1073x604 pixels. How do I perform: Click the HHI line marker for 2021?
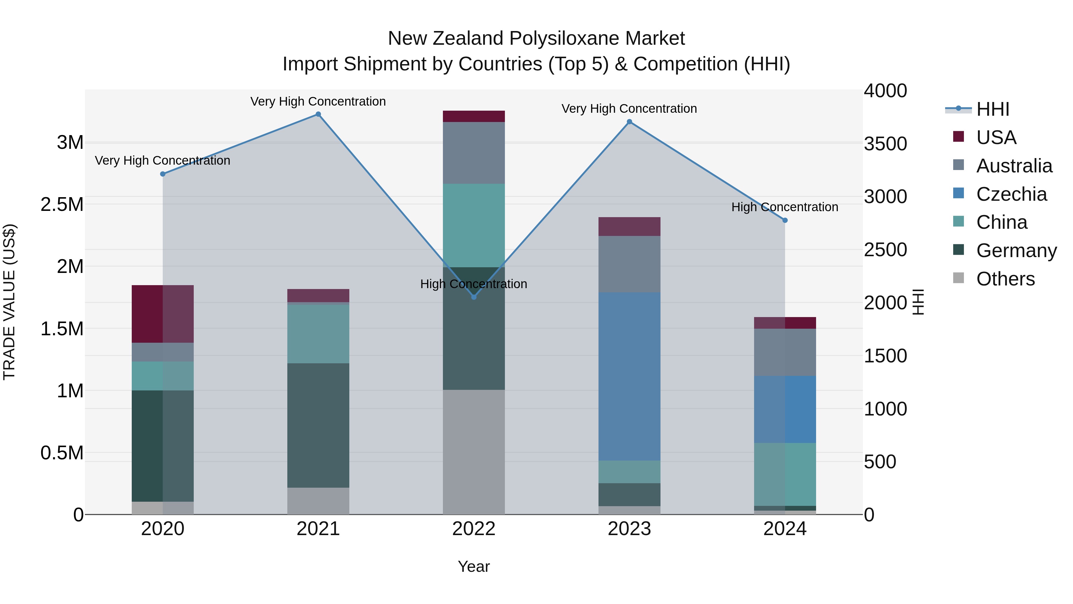(x=318, y=114)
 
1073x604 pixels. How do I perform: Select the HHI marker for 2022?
(x=474, y=297)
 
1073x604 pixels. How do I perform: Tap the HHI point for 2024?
(x=785, y=220)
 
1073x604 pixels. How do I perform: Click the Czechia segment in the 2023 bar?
(x=629, y=376)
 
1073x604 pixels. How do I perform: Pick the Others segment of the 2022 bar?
(x=474, y=452)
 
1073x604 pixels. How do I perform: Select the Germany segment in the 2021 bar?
(x=318, y=425)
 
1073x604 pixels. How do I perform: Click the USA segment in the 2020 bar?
(x=162, y=314)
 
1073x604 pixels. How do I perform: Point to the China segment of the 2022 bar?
(x=474, y=225)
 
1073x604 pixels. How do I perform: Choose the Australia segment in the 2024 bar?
(x=785, y=352)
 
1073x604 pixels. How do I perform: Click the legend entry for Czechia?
(x=1011, y=194)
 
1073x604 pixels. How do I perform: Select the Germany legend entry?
(x=1016, y=251)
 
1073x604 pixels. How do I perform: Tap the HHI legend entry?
(x=992, y=109)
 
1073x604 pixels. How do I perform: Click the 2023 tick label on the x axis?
(x=629, y=529)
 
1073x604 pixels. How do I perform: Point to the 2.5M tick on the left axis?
(x=62, y=204)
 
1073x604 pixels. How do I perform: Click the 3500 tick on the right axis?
(x=885, y=144)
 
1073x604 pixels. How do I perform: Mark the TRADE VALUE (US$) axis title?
(x=9, y=302)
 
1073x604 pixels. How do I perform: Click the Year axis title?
(x=474, y=566)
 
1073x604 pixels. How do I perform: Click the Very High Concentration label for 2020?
(x=162, y=160)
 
